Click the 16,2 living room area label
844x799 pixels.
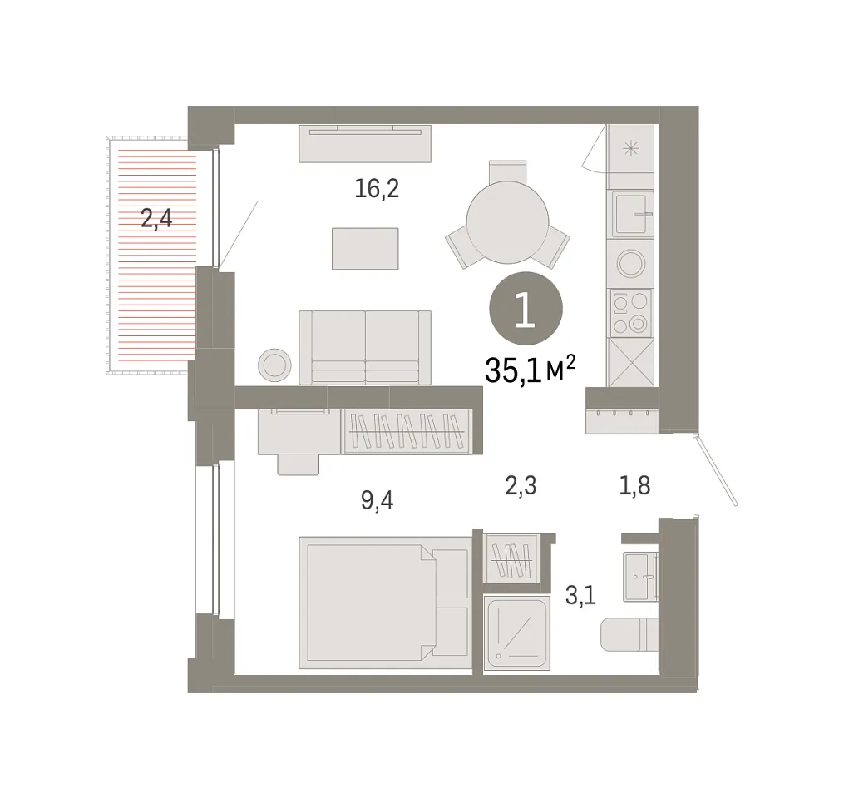point(377,189)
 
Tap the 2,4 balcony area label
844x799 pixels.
point(156,219)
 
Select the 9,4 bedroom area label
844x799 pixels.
point(378,500)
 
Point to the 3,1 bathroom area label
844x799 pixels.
point(580,596)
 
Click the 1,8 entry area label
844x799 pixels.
point(635,485)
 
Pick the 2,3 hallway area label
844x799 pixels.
point(521,485)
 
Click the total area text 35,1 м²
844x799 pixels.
point(531,370)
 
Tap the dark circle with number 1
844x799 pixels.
point(526,308)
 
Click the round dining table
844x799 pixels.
point(507,222)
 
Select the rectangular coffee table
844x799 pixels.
point(365,248)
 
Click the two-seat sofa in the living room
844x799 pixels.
point(365,348)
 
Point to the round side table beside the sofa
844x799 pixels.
point(274,365)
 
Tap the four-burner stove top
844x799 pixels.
point(630,312)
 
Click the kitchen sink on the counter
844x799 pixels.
point(631,214)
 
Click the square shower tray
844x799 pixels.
point(516,633)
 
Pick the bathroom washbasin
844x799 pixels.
point(640,577)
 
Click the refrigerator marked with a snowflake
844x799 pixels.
point(631,149)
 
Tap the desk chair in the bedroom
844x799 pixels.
point(299,464)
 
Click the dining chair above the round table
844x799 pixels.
point(507,171)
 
